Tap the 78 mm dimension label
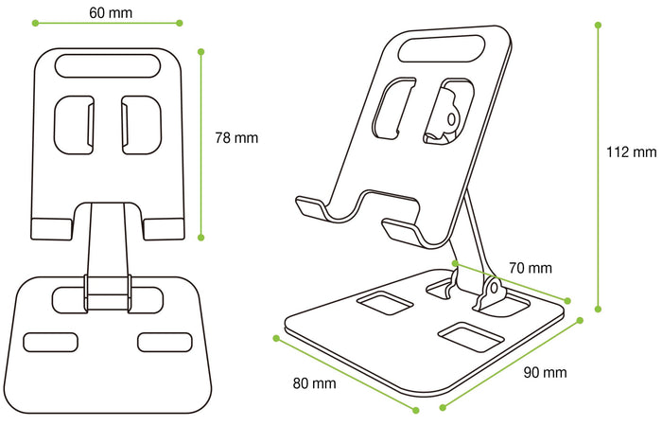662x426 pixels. (x=236, y=137)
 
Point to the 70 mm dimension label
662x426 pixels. (x=531, y=268)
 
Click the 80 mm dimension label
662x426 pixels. (x=314, y=383)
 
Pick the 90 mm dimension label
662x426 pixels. (x=546, y=372)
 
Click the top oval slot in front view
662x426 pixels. (x=106, y=65)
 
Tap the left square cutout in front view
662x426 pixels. (x=75, y=123)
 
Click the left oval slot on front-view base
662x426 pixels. (x=48, y=341)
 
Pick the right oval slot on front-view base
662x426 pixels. (x=163, y=341)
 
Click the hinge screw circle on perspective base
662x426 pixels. (x=492, y=288)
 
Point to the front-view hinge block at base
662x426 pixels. (x=106, y=293)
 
